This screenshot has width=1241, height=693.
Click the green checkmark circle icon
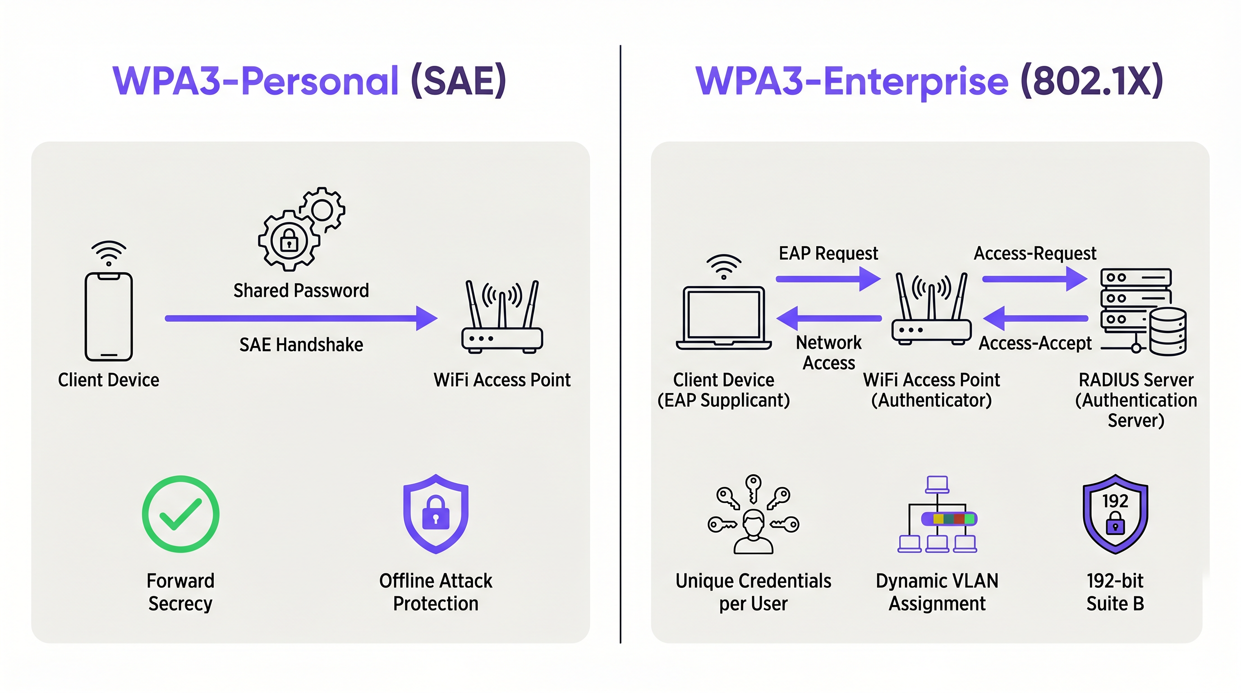click(x=181, y=514)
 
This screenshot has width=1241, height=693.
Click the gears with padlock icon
click(x=301, y=228)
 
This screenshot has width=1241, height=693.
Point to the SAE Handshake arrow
click(x=301, y=318)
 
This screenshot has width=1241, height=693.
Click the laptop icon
click(x=724, y=317)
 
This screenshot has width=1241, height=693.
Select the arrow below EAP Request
click(x=827, y=279)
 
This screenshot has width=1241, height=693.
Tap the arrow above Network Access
click(x=829, y=319)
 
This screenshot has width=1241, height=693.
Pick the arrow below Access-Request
click(x=1034, y=279)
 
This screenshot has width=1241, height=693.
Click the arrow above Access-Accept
click(x=1035, y=319)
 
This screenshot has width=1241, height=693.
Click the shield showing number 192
click(x=1115, y=514)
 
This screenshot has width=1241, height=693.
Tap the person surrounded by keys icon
click(x=753, y=515)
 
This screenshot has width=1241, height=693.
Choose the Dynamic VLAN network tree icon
click(x=937, y=515)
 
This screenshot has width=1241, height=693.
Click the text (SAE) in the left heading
click(x=459, y=81)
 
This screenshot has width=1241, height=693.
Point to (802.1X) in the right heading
click(x=1091, y=81)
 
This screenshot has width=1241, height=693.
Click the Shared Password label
click(x=301, y=291)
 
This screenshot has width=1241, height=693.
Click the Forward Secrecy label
click(x=181, y=592)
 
